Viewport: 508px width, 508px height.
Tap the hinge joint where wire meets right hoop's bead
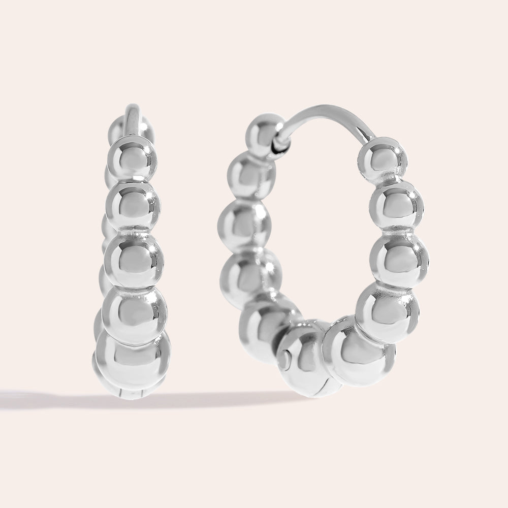click(280, 145)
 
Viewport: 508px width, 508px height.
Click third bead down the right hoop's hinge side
click(243, 224)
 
